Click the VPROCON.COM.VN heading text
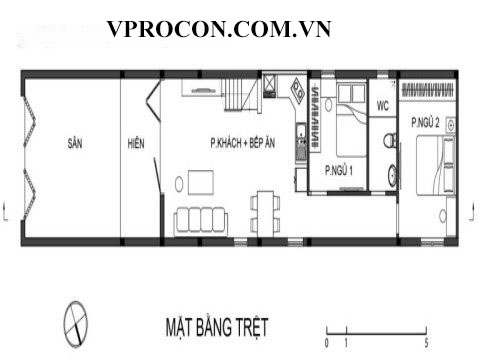pos(219,29)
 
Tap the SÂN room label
pos(75,143)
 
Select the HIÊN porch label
pos(136,143)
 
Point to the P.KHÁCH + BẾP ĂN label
pos(243,142)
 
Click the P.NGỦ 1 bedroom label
pos(339,170)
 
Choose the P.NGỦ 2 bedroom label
pos(425,122)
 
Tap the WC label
pos(383,106)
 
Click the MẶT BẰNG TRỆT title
pos(217,327)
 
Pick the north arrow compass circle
pos(76,324)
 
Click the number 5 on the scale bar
pos(426,343)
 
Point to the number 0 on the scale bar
pos(327,343)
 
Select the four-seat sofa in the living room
pos(201,221)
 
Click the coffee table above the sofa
pos(201,182)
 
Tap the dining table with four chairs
pos(265,214)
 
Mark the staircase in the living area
pos(241,95)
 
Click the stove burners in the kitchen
pos(297,90)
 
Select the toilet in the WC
pos(390,140)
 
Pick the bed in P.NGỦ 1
pos(352,120)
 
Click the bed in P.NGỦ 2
pos(436,165)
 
